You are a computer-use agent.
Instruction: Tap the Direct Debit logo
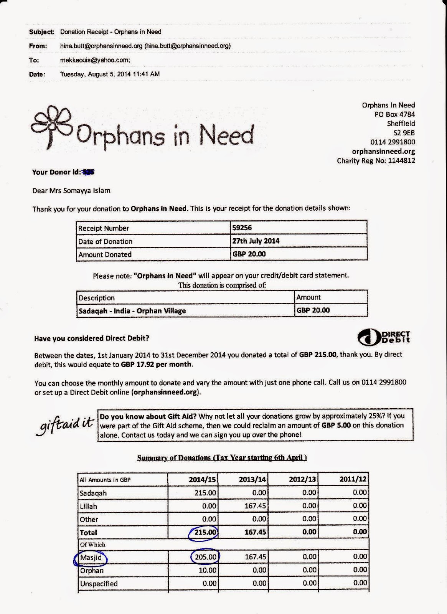coord(384,337)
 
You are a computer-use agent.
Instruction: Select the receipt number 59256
coord(242,228)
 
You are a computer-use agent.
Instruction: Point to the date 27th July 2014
coord(256,241)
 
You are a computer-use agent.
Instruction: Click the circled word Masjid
coord(91,557)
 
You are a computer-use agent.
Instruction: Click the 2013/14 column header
coord(252,479)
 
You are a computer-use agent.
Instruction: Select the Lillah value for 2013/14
coord(255,506)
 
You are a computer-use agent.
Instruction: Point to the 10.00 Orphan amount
coord(207,570)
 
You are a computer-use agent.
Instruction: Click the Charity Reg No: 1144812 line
coord(376,161)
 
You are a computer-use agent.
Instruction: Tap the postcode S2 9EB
coord(404,133)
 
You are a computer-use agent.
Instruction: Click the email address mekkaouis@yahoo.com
coord(95,60)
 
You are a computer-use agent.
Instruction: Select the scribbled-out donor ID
coord(89,172)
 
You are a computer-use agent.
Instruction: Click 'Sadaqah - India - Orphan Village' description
coord(132,311)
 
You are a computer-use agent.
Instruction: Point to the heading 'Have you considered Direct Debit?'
coord(92,338)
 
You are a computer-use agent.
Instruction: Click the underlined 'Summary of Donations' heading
coord(222,457)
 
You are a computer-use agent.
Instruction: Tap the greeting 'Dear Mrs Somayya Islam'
coord(71,191)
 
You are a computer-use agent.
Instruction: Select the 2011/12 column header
coord(353,479)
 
